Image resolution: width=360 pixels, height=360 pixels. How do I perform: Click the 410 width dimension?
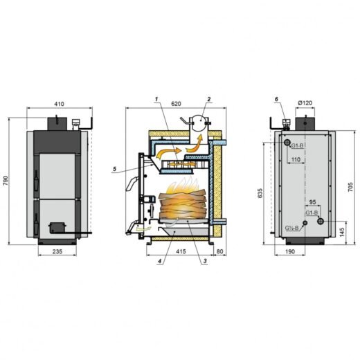tap(60, 104)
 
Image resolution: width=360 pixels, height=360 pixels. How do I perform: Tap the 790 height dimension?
tap(6, 181)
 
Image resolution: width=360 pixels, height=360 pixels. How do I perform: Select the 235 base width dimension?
tap(57, 251)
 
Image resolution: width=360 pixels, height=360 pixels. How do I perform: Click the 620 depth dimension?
tap(176, 104)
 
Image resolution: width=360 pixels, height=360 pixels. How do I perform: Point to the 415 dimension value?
tap(181, 251)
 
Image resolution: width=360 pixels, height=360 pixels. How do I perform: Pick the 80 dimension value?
tap(220, 251)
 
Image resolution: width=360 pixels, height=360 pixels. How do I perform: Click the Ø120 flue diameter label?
tap(305, 102)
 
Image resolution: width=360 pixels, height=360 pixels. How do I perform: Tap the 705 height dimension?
tap(350, 187)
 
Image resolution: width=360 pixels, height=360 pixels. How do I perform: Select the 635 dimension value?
tap(260, 193)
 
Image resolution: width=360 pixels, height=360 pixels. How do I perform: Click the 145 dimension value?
tap(342, 232)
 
